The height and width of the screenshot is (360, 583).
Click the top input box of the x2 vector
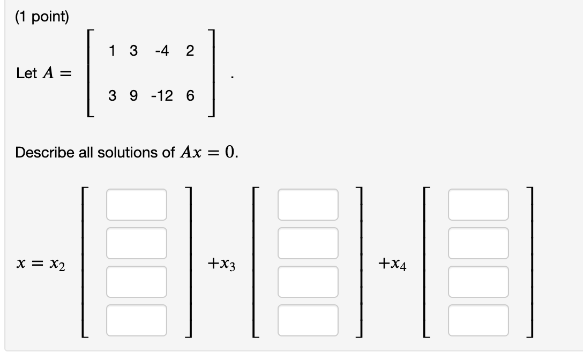click(x=137, y=204)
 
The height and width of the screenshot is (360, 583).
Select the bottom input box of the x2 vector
click(x=137, y=320)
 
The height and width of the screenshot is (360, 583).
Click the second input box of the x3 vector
click(x=308, y=243)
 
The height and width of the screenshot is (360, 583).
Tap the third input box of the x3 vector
click(x=308, y=282)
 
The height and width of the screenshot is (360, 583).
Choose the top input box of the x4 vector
click(x=479, y=204)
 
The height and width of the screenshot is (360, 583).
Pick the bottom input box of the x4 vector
click(x=479, y=320)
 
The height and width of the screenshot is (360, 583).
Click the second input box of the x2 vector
click(x=137, y=243)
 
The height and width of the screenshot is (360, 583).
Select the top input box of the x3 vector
click(x=308, y=204)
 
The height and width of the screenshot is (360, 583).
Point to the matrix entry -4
click(x=161, y=51)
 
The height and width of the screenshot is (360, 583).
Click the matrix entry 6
click(x=190, y=96)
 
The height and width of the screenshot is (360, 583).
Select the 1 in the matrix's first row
click(x=111, y=51)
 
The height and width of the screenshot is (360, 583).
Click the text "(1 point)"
click(x=42, y=17)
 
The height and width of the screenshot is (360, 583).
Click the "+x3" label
click(x=222, y=264)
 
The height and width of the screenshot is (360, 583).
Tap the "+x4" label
click(x=392, y=264)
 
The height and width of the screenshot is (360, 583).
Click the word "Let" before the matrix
click(x=26, y=73)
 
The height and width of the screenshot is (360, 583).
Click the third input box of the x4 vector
click(x=479, y=282)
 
